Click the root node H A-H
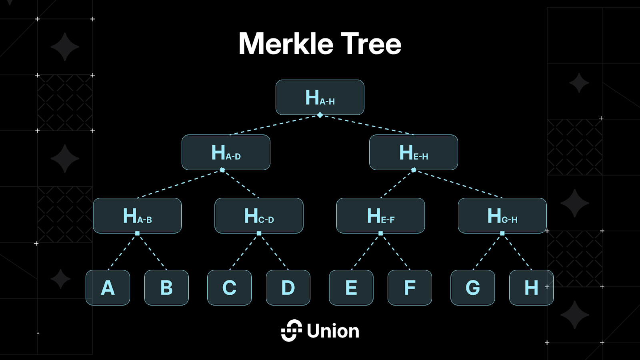point(320,97)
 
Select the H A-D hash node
point(226,152)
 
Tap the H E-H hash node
point(414,152)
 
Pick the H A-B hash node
point(137,216)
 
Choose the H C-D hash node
point(259,216)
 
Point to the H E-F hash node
point(380,216)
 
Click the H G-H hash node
point(502,216)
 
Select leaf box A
point(108,288)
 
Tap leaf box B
point(166,288)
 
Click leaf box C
point(229,288)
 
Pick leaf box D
point(288,288)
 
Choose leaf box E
point(351,288)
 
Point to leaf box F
point(410,288)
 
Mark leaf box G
point(472,288)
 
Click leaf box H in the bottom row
point(531,288)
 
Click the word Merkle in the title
point(286,44)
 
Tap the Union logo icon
point(291,330)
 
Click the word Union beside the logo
point(333,331)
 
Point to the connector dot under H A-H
point(320,115)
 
